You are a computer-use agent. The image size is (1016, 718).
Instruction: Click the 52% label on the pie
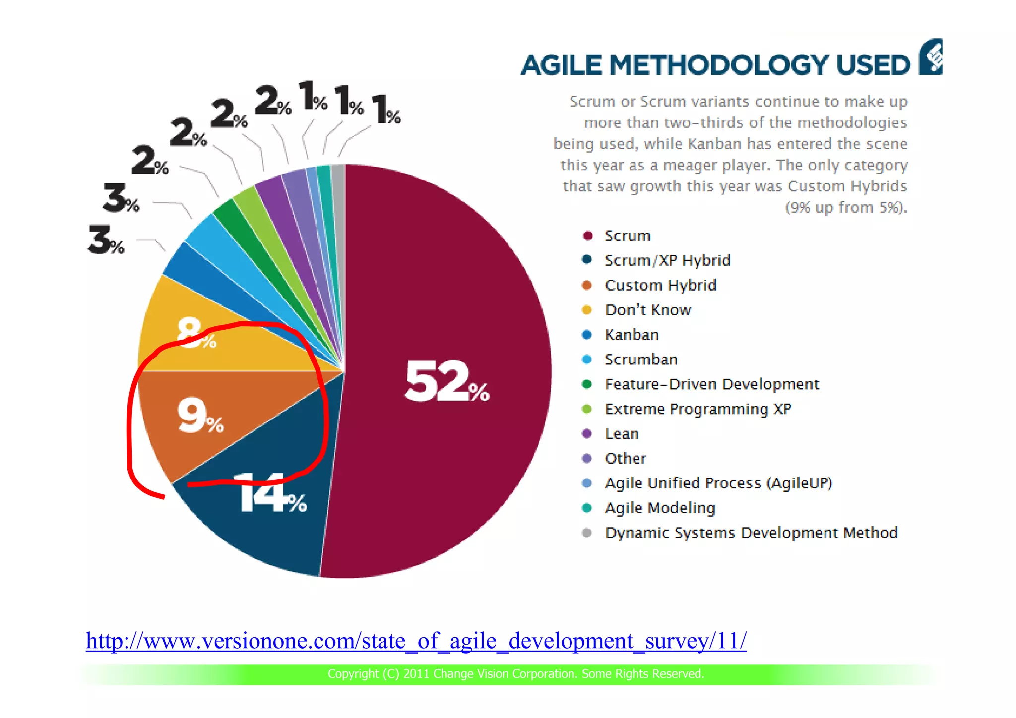point(446,382)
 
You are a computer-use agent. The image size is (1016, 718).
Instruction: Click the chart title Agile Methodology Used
point(715,65)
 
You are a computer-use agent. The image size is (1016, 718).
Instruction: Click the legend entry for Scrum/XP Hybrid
point(667,260)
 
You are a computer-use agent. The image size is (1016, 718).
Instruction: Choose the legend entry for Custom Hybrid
point(660,285)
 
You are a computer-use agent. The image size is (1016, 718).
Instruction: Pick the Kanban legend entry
point(632,335)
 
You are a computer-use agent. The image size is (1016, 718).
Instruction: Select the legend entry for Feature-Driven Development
point(711,384)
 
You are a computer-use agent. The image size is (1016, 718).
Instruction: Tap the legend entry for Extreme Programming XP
point(698,409)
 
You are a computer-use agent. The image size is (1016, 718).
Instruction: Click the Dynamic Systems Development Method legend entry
point(751,533)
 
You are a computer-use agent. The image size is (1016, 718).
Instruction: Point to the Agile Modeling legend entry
point(660,508)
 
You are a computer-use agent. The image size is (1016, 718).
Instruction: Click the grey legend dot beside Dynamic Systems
point(587,533)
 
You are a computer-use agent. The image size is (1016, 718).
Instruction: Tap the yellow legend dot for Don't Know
point(587,310)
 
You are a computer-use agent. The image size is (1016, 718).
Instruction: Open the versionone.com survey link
point(416,641)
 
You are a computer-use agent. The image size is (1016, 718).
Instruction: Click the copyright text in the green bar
point(515,674)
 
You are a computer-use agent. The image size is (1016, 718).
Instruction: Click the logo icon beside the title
point(931,57)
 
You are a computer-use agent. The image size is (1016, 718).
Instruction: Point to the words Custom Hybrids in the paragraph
point(847,186)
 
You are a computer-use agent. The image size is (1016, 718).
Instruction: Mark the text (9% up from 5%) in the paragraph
point(846,207)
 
